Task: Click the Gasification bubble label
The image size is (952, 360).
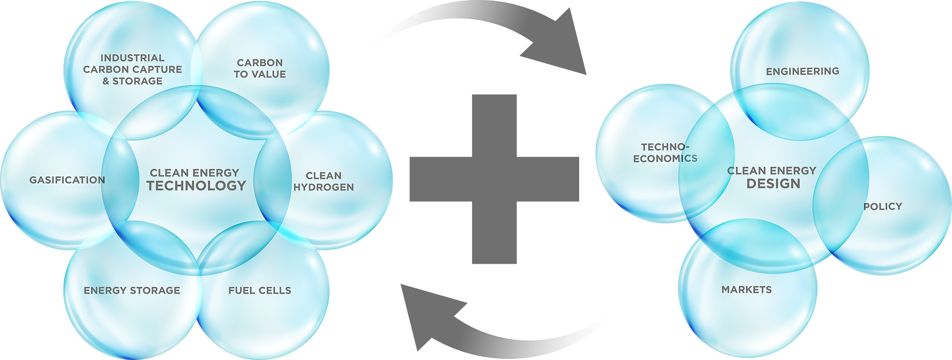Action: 67,180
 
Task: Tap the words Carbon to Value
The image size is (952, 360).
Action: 260,68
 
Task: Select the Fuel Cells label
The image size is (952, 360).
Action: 260,291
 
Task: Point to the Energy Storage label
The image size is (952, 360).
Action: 132,291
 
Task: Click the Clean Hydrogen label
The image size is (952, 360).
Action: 324,181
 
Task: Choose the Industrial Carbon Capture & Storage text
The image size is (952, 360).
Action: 132,69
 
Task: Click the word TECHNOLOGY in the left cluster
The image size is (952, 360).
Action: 196,185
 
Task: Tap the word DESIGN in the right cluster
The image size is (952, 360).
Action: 773,184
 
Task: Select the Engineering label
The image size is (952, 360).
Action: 803,71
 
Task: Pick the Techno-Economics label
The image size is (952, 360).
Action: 665,153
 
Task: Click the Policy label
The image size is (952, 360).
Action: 883,207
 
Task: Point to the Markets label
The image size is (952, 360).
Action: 747,290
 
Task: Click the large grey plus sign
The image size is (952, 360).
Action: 494,179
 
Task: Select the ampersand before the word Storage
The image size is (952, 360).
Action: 106,81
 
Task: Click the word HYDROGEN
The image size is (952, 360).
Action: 324,187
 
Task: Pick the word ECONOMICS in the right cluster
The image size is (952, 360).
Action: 665,159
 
